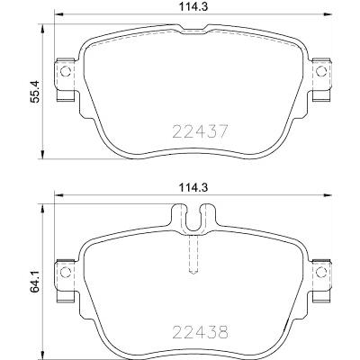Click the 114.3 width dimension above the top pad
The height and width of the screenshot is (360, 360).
coord(193,6)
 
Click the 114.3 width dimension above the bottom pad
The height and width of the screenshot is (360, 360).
coord(193,188)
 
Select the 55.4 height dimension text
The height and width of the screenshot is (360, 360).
coord(35,92)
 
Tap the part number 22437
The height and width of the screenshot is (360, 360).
coord(201,131)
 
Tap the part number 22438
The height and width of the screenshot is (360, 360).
coord(201,332)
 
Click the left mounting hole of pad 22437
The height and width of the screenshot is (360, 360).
coord(66,71)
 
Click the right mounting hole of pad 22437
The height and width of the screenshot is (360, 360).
coord(321,71)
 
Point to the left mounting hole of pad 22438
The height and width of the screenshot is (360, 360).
coord(66,272)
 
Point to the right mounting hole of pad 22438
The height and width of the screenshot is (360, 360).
coord(321,272)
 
